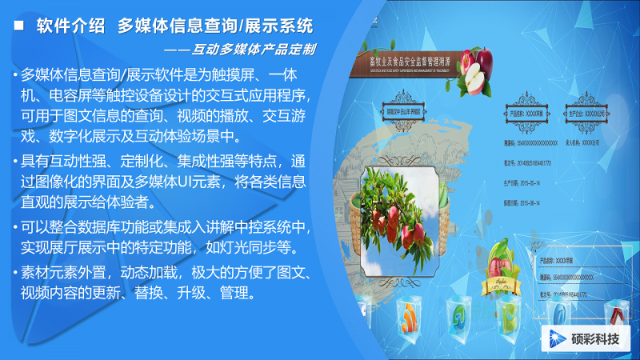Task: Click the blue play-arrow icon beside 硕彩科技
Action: coord(555,338)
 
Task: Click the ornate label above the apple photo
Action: coord(409,114)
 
